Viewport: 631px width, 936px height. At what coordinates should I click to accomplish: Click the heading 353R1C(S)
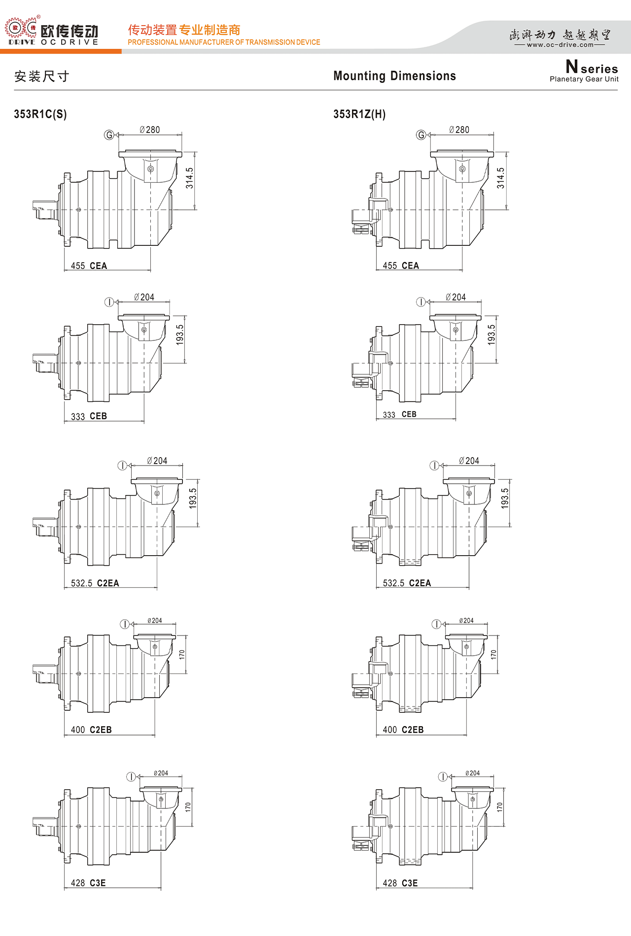point(40,114)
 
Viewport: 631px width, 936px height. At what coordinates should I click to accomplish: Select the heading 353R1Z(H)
point(359,114)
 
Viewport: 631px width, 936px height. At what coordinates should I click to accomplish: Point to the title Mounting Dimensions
point(394,76)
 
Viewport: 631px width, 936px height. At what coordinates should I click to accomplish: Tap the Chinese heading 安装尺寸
point(42,76)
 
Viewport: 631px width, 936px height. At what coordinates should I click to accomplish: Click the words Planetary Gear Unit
point(584,79)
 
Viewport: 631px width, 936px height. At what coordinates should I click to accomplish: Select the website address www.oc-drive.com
point(560,45)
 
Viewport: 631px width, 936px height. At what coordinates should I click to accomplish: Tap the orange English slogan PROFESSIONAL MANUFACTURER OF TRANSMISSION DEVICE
point(224,42)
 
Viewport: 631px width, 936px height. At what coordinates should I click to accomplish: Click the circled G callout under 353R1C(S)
point(109,135)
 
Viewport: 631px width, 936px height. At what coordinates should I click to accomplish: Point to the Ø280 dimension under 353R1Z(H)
point(459,130)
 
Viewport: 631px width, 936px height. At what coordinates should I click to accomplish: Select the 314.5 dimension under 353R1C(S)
point(189,178)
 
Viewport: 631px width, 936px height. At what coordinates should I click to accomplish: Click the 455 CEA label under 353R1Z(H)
point(401,266)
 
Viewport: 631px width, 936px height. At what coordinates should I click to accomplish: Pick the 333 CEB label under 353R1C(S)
point(89,416)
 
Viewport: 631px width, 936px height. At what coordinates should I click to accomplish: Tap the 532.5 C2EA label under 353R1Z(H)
point(407,583)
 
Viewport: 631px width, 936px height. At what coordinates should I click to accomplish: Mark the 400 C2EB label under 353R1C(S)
point(91,730)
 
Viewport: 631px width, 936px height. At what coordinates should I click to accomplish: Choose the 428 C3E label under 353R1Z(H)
point(400,883)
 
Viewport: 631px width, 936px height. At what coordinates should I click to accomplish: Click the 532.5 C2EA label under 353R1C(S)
point(95,583)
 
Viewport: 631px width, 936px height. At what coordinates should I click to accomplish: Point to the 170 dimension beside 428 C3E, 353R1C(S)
point(188,807)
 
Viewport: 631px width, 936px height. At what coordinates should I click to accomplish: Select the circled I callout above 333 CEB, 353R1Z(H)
point(421,302)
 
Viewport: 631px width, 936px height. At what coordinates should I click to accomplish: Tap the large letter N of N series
point(572,66)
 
